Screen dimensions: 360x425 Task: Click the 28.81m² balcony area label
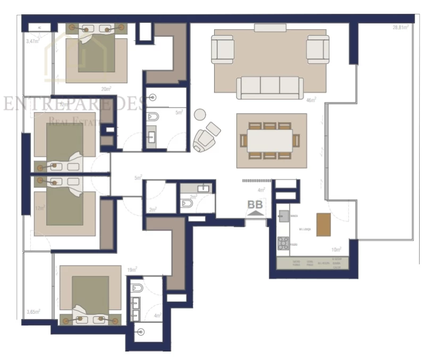(x=400, y=27)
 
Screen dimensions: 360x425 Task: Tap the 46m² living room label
(x=311, y=99)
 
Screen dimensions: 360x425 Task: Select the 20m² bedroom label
(x=106, y=89)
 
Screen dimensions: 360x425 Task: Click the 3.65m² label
(x=33, y=312)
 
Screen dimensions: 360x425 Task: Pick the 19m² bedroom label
(x=132, y=269)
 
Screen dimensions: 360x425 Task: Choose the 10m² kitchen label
(x=336, y=248)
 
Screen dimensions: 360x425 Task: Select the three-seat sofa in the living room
(x=270, y=87)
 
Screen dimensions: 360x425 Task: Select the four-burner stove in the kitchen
(x=283, y=243)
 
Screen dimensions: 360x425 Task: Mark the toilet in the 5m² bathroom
(x=152, y=117)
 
